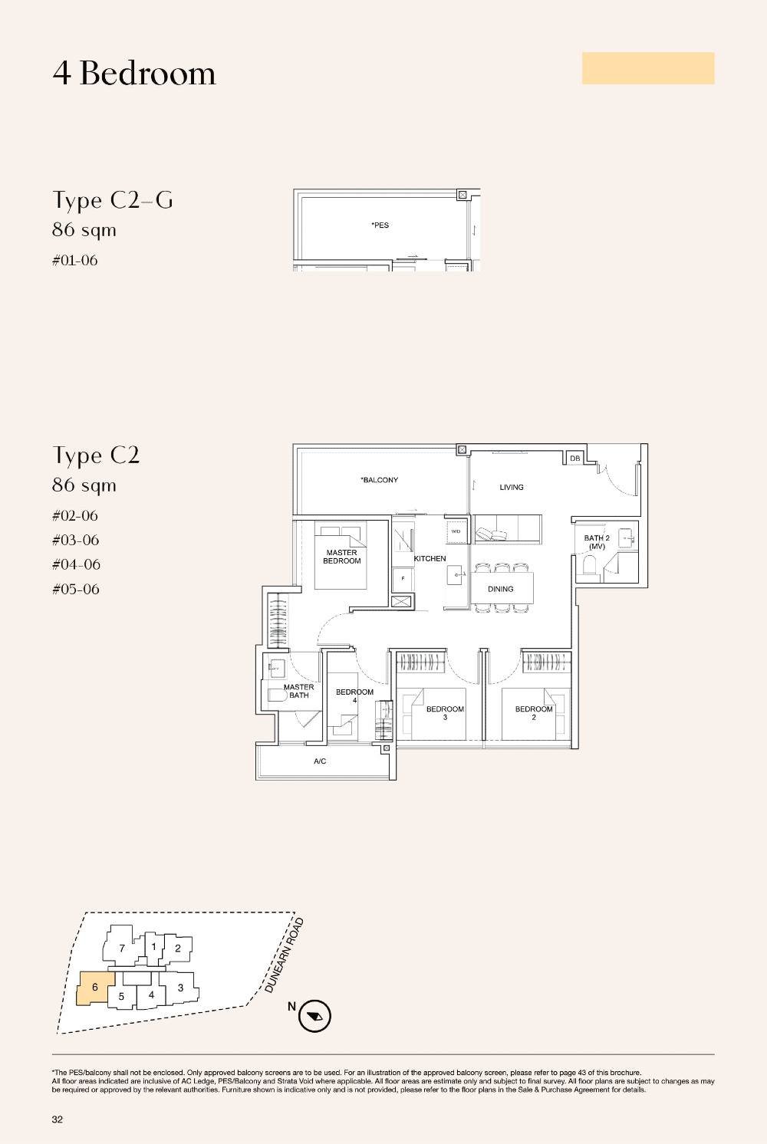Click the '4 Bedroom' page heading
point(134,74)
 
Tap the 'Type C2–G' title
point(113,200)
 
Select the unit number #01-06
point(75,261)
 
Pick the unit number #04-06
point(76,565)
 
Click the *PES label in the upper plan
point(380,225)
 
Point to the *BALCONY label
point(380,480)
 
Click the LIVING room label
point(512,487)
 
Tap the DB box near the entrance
point(575,459)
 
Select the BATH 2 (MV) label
point(597,542)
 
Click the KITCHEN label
point(430,559)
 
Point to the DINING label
point(500,589)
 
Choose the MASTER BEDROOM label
point(341,557)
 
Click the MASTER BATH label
point(298,691)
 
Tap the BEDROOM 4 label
point(354,695)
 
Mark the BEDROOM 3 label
point(445,713)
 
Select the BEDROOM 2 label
point(534,713)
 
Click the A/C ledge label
point(320,761)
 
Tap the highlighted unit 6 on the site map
point(95,988)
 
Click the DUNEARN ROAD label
point(285,955)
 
